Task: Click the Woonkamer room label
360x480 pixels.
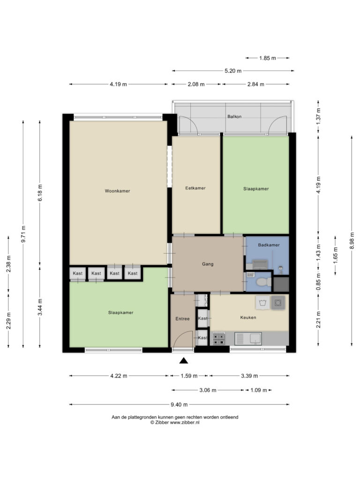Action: click(x=117, y=191)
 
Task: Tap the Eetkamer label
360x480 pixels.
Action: click(x=195, y=188)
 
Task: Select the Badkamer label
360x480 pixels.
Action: click(x=269, y=245)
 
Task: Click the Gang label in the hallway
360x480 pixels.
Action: click(x=208, y=264)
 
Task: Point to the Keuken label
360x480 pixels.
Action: click(x=248, y=317)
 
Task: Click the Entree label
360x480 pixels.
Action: click(x=182, y=319)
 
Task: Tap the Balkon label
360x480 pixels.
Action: click(x=234, y=116)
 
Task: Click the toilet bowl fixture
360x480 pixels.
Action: click(x=263, y=281)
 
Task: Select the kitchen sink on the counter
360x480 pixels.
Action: click(x=248, y=338)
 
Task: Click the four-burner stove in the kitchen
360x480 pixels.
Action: click(x=219, y=338)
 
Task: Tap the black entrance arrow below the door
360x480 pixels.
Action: click(x=183, y=360)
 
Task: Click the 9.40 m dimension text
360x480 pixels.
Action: click(x=179, y=405)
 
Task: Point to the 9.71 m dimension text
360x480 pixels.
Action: click(x=23, y=234)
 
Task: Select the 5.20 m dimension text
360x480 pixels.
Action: click(x=233, y=71)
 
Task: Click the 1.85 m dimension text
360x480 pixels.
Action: click(x=268, y=58)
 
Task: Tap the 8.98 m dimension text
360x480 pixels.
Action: click(x=352, y=240)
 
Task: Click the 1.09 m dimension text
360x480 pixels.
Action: click(x=259, y=390)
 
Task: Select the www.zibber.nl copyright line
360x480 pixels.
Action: click(x=175, y=422)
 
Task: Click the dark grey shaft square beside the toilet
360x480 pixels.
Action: click(x=281, y=284)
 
